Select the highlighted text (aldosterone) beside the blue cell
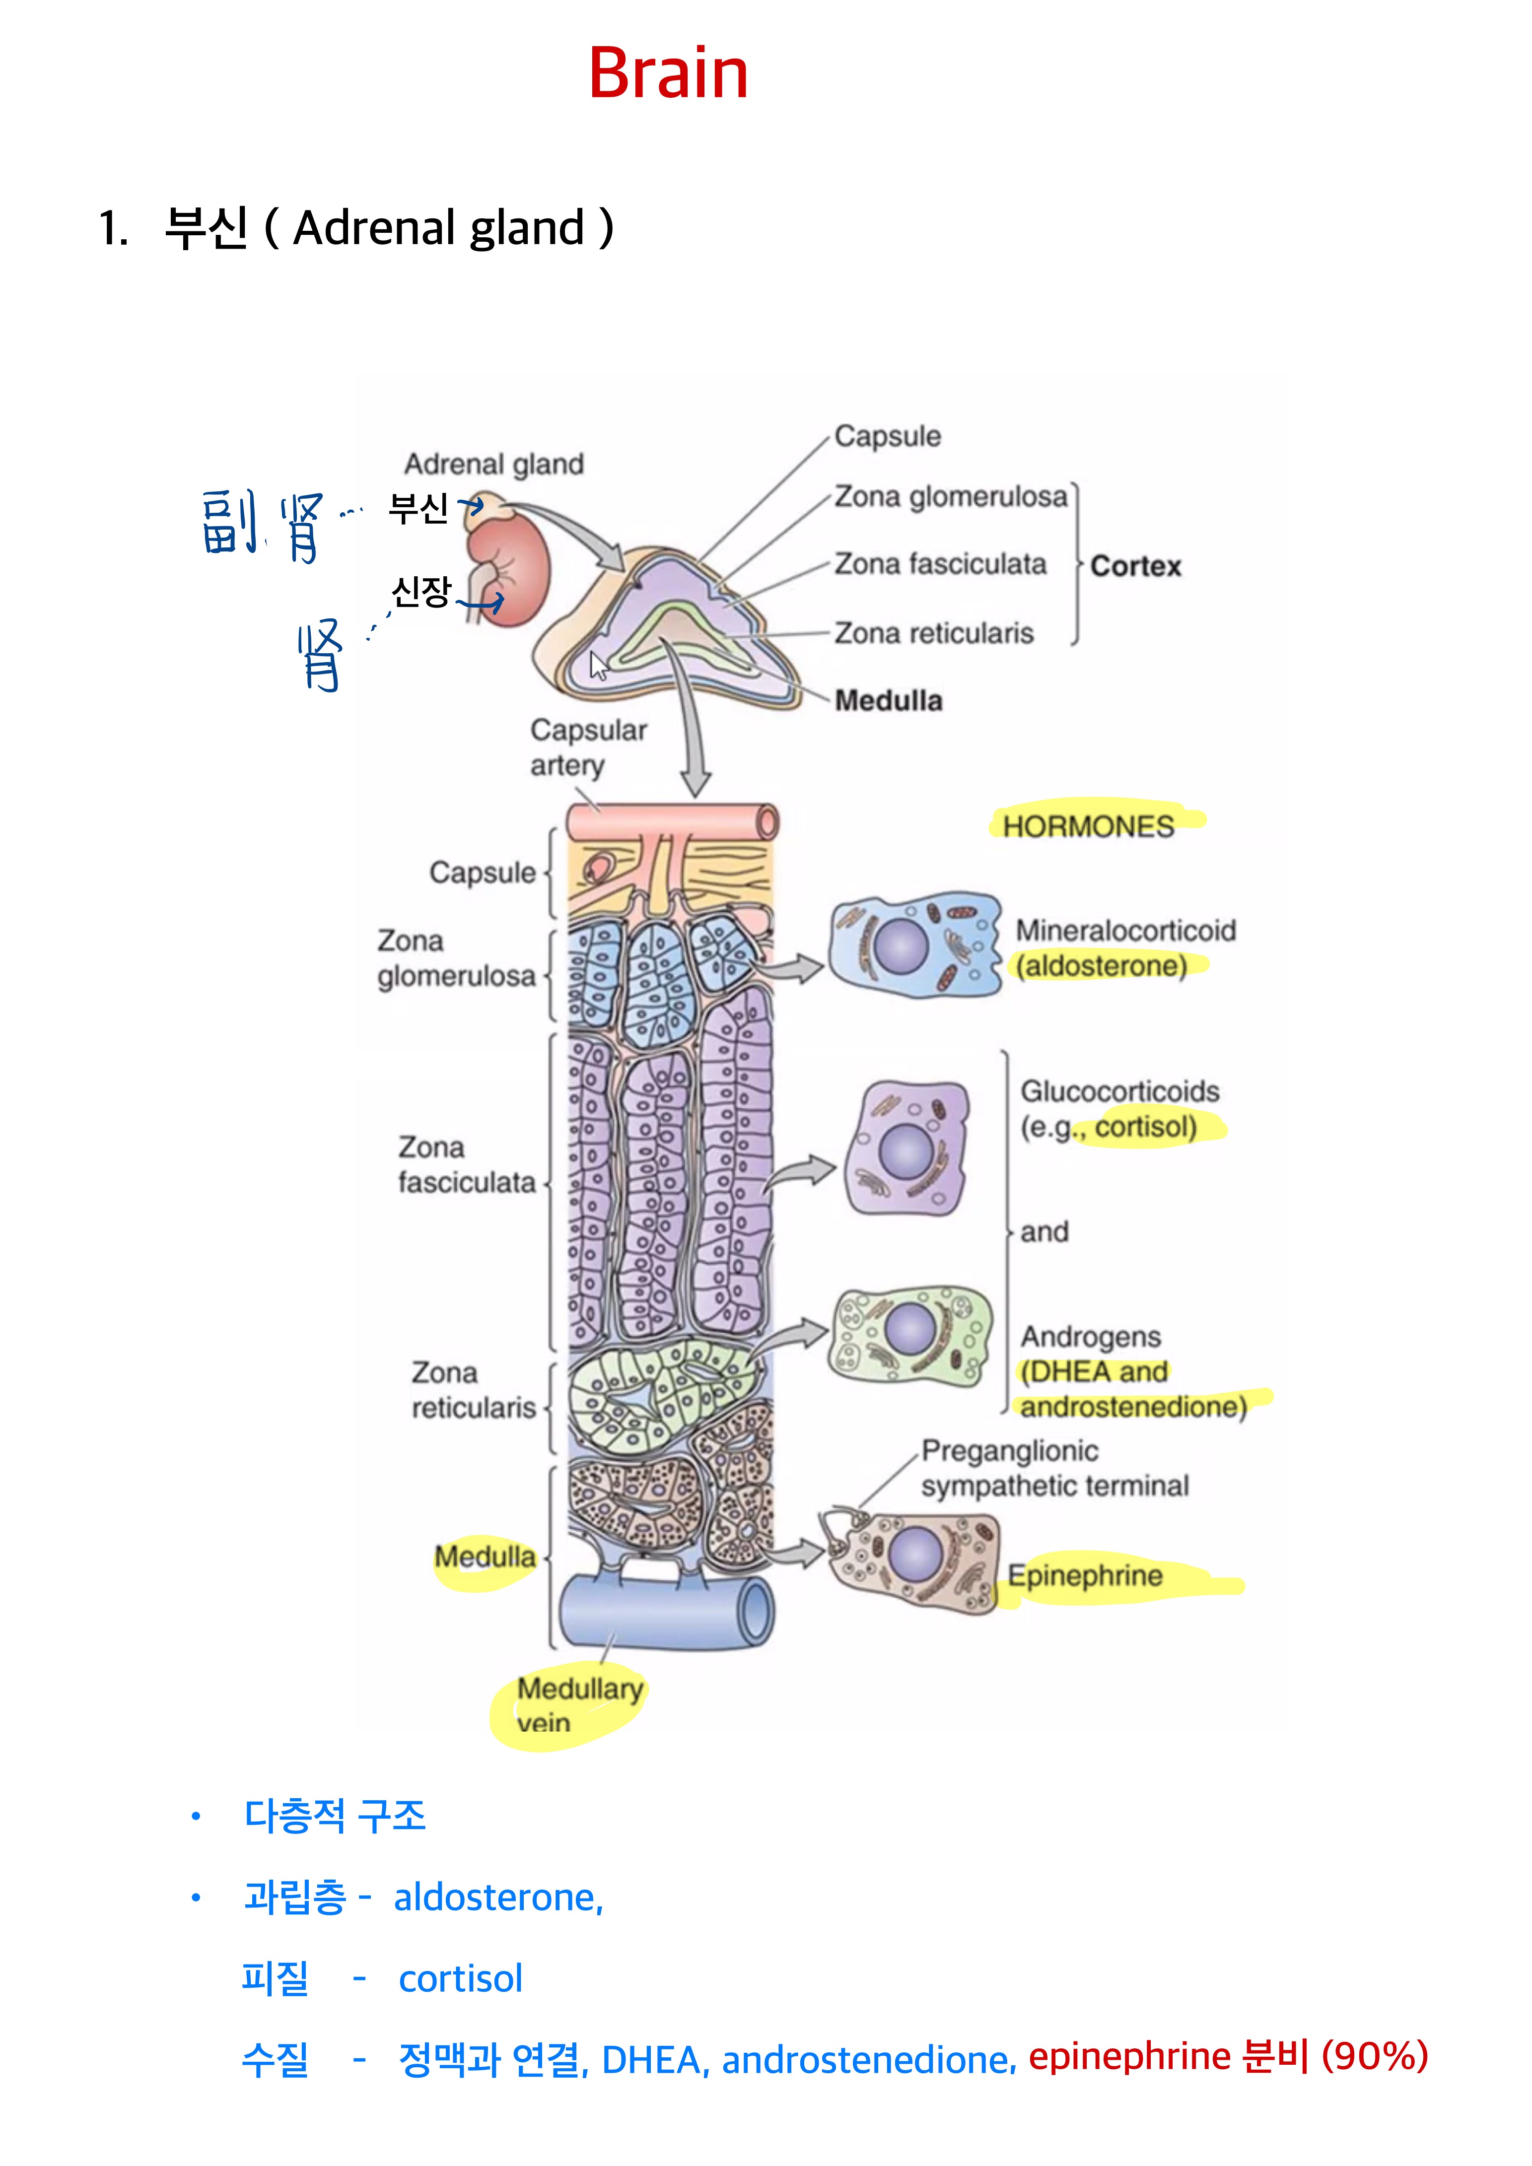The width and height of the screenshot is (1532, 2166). click(1101, 966)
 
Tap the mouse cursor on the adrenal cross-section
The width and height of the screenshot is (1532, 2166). click(598, 665)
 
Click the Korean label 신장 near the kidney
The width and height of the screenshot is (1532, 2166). click(421, 593)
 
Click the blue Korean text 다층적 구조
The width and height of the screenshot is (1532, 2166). click(335, 1816)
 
